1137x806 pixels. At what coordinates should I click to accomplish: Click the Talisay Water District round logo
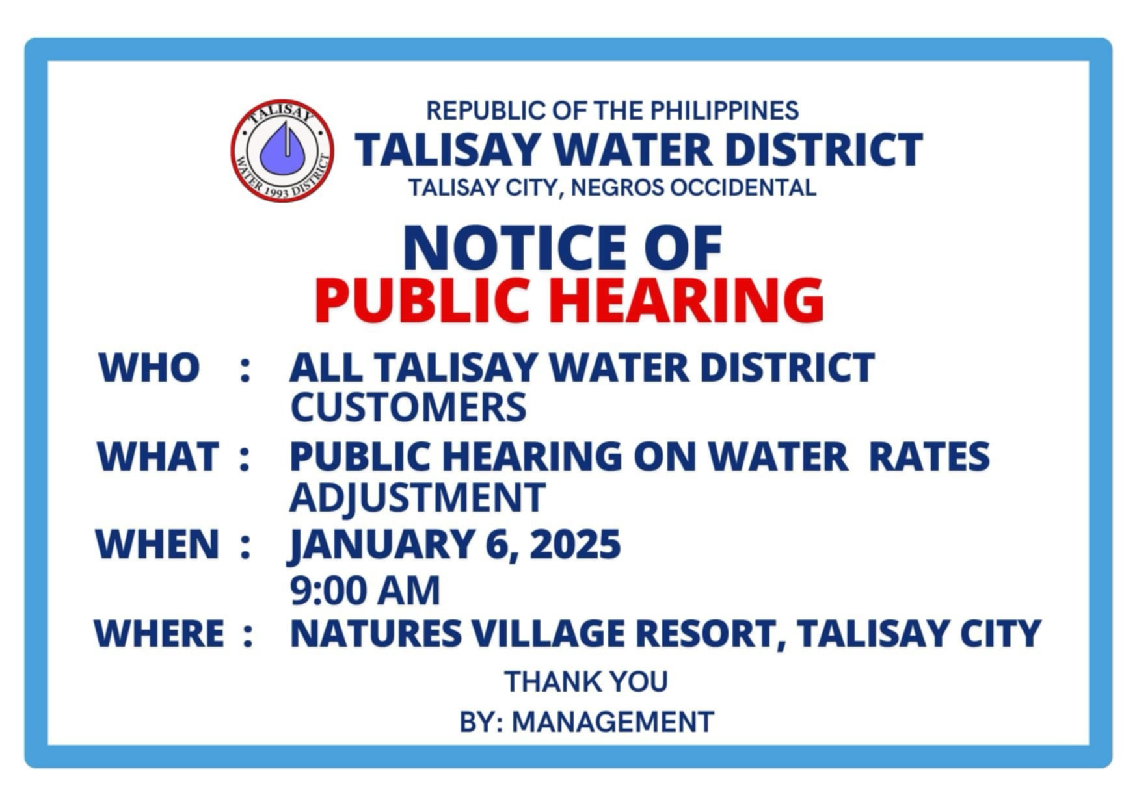pos(282,151)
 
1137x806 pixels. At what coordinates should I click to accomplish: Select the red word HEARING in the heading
pos(687,300)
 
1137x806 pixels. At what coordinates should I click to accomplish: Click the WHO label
pos(149,368)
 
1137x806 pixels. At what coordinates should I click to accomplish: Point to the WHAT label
pos(158,456)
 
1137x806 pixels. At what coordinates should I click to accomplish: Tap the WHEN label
pos(157,545)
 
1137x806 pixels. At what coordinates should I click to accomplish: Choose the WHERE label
pos(159,633)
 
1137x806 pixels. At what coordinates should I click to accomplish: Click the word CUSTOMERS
pos(408,408)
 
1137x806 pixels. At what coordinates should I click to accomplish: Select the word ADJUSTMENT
pos(417,498)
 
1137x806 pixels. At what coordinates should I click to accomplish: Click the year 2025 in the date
pos(575,545)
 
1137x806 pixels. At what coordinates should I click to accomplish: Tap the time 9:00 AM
pos(365,590)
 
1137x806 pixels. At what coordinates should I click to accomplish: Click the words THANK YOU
pos(586,682)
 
